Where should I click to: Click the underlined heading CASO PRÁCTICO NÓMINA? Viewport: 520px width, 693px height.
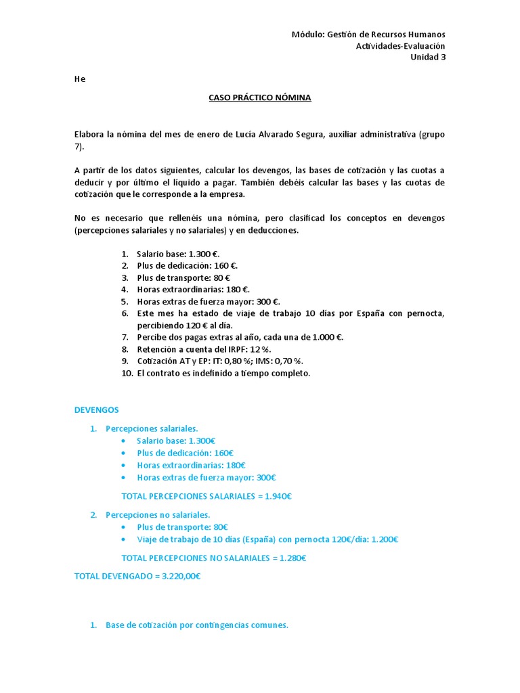(260, 97)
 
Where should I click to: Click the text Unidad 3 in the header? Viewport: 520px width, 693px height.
(428, 57)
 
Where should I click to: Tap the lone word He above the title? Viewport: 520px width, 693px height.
(80, 79)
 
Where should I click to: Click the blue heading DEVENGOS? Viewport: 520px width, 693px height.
(95, 410)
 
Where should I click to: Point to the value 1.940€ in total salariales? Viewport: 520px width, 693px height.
(278, 496)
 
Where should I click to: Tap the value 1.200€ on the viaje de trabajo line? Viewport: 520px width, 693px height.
(383, 539)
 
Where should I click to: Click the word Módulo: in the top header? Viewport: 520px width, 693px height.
(307, 35)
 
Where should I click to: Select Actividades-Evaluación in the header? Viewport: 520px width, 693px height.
(400, 46)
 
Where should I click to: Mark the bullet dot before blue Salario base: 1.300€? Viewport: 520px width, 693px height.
(123, 441)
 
